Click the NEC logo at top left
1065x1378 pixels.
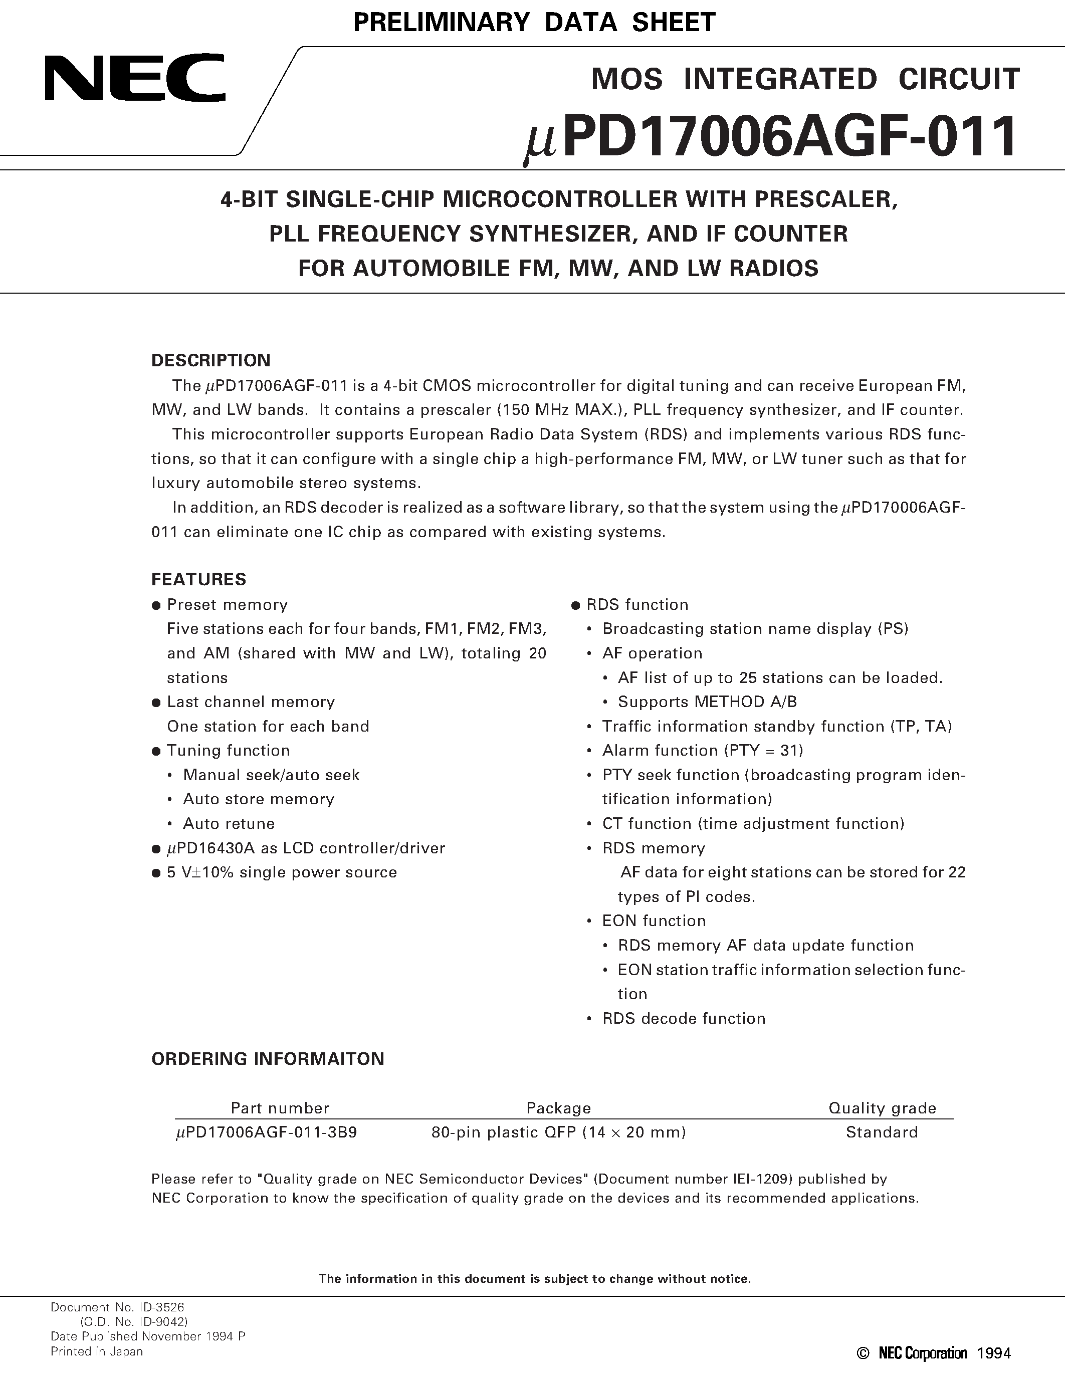(134, 78)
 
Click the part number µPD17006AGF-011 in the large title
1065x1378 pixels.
(770, 137)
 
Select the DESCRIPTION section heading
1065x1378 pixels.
(210, 360)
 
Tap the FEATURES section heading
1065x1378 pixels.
(199, 579)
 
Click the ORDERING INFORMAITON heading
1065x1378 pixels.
(268, 1059)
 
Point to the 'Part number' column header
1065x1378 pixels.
(280, 1108)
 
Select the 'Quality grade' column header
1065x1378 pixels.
(882, 1108)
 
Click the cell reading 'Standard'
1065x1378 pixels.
(882, 1132)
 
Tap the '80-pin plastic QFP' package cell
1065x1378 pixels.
(558, 1132)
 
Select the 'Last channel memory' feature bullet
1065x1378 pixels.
(251, 702)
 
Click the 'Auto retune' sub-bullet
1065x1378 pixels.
(229, 823)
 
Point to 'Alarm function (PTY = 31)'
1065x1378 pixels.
(702, 750)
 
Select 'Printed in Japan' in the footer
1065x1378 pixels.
(97, 1351)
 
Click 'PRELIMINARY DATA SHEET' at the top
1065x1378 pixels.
(534, 23)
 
